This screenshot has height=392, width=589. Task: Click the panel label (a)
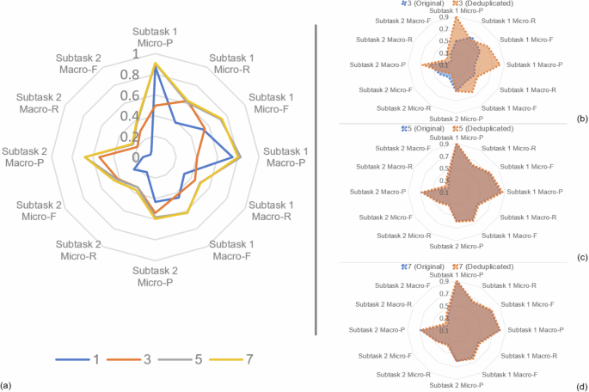pos(7,384)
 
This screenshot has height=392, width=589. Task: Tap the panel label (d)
pos(581,385)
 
